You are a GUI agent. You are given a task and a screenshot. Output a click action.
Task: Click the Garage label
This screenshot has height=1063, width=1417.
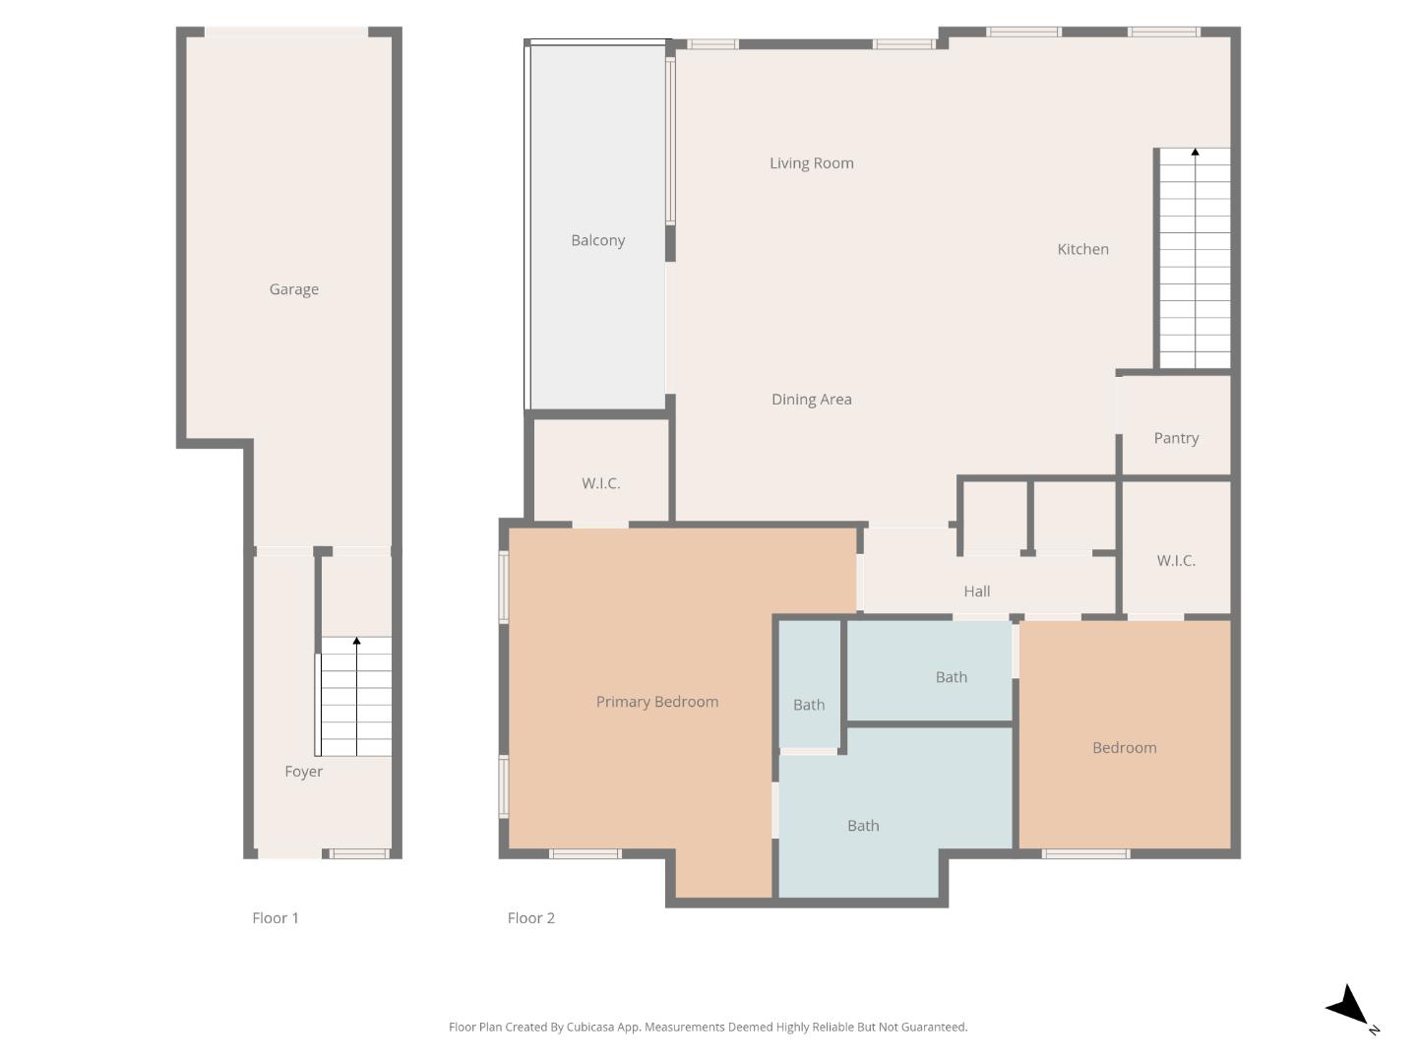293,289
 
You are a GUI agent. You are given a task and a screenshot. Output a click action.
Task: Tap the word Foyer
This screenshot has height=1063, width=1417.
303,772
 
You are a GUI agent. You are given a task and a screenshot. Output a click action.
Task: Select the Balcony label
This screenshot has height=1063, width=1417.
597,240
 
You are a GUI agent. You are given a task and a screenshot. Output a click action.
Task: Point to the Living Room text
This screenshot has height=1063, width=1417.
811,163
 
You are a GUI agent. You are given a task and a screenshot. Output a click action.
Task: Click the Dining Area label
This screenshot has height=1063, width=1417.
811,400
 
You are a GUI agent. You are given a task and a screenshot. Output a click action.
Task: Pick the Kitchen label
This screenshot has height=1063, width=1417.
1082,250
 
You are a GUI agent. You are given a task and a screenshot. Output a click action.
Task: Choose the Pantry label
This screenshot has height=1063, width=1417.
1176,438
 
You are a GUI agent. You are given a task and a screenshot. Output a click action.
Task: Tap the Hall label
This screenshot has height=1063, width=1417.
976,592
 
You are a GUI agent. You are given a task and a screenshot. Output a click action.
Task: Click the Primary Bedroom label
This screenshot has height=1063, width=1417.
656,702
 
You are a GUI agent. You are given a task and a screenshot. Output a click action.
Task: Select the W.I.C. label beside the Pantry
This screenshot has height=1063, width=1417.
1176,561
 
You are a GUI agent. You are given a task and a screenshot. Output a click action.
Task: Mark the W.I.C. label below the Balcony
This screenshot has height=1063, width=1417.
600,483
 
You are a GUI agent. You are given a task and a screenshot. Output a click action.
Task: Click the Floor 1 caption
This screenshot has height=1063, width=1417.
275,918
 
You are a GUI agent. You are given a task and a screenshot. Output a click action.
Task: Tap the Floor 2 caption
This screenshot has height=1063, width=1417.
530,918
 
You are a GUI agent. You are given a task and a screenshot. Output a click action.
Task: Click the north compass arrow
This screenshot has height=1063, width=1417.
1349,1007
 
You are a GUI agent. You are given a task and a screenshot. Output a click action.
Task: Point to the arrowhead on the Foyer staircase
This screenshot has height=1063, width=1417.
356,642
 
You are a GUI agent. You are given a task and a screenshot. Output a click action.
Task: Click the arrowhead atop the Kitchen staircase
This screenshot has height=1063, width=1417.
1195,153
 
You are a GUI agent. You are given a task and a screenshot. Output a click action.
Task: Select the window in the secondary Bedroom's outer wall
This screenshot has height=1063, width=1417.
1085,853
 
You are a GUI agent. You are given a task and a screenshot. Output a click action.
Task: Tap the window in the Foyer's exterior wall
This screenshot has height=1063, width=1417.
359,853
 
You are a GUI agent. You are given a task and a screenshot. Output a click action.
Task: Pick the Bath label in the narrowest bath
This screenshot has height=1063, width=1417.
808,705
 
